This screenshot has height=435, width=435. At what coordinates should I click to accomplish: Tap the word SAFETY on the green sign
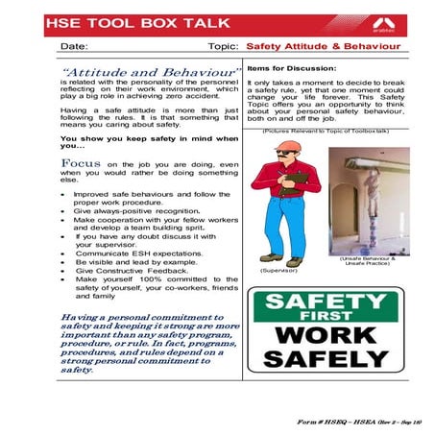[x=324, y=303]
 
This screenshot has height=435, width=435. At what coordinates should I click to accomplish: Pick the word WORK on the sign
[x=324, y=338]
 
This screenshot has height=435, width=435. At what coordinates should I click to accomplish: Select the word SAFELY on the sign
[x=324, y=361]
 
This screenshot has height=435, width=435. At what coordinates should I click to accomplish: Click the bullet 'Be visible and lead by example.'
[x=131, y=262]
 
